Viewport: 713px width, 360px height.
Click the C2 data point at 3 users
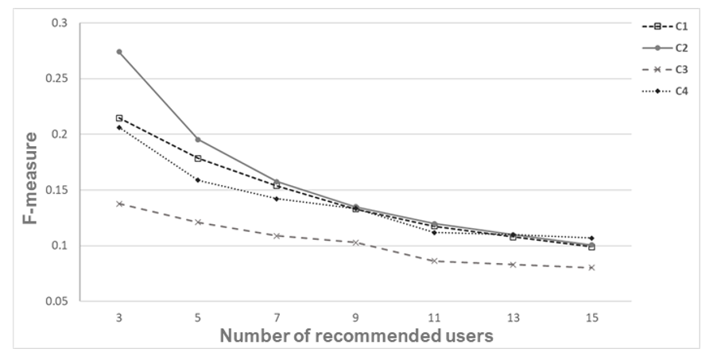(119, 52)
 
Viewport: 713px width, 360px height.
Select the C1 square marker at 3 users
(119, 118)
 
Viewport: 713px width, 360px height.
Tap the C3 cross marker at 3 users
(119, 203)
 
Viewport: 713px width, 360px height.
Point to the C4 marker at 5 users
(198, 180)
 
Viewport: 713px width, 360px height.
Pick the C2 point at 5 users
(198, 139)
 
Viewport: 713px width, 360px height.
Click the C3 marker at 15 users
(591, 268)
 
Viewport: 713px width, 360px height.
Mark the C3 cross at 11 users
(434, 261)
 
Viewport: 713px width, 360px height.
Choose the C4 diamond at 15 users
(591, 238)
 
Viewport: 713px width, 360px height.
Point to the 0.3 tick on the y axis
(60, 24)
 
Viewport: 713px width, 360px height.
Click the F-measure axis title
(29, 179)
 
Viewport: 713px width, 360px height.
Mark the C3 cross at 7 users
(277, 236)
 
